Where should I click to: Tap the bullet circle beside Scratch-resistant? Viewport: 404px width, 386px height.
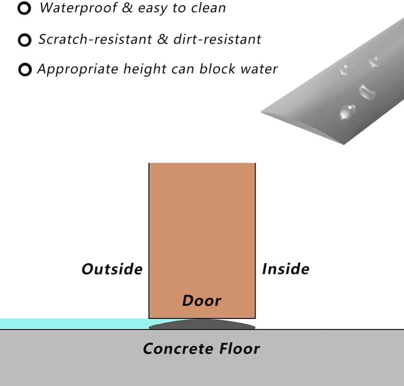pos(25,40)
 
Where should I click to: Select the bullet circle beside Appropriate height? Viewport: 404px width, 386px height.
pos(25,70)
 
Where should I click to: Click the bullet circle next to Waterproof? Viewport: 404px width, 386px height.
pos(24,8)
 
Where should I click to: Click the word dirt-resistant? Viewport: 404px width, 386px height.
pos(217,39)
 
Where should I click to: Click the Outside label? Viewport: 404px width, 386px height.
pos(112,269)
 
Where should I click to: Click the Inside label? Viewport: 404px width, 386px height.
pos(286,269)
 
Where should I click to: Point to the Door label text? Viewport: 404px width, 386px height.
pos(202,301)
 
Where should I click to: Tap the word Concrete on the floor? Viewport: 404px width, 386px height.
pos(178,349)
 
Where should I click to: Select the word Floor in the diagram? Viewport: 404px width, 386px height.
pos(239,349)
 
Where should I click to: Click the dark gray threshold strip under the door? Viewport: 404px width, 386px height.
pos(202,324)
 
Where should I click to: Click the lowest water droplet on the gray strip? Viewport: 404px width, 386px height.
pos(347,112)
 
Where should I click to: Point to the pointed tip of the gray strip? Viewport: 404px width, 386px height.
pos(261,112)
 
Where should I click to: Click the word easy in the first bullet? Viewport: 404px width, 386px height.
pos(153,8)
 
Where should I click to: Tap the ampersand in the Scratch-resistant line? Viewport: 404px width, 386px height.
pos(162,39)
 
